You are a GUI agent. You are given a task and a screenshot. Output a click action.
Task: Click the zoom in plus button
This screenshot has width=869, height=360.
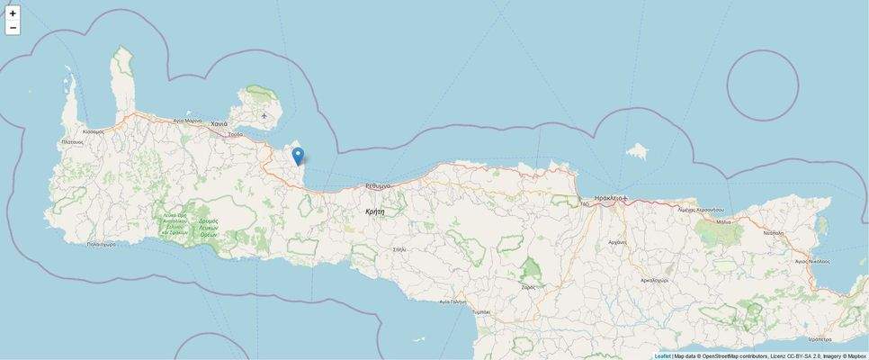tap(13, 13)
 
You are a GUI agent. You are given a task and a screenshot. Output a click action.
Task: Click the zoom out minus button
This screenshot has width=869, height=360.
tap(13, 28)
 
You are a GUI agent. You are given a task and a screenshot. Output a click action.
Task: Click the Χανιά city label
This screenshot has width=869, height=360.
tap(219, 123)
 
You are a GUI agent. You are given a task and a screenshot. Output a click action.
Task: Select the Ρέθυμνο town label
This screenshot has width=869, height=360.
tap(378, 185)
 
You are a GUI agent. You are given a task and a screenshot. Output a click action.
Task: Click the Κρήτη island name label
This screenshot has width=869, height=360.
tap(375, 211)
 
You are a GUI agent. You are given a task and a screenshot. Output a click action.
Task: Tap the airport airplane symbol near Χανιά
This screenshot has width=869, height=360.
tap(264, 116)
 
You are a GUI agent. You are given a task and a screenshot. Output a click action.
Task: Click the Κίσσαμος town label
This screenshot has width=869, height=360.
tap(93, 131)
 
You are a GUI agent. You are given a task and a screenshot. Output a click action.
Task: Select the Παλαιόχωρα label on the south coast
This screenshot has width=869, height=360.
tap(102, 244)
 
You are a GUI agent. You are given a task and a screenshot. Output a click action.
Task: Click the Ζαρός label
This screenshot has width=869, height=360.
tap(528, 286)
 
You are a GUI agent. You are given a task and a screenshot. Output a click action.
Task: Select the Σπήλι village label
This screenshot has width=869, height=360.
tap(399, 248)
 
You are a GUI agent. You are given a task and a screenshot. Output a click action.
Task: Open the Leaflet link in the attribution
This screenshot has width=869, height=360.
tap(662, 355)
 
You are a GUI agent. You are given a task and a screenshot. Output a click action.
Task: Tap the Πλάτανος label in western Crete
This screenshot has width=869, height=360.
tap(72, 142)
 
